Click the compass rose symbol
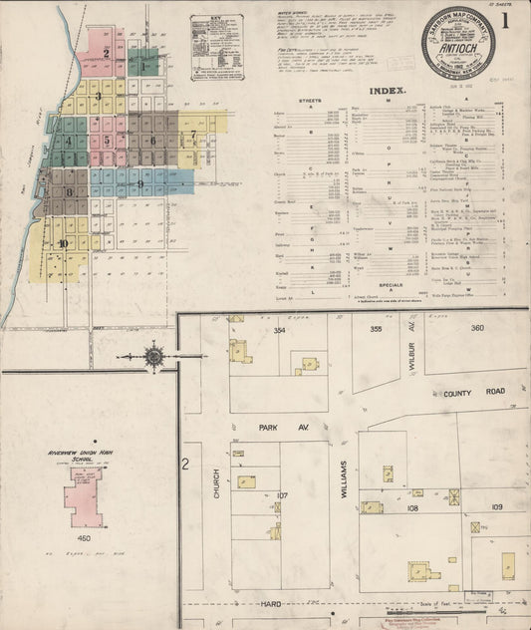(x=154, y=354)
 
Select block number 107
(x=282, y=494)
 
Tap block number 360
(x=476, y=328)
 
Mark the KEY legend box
(x=214, y=46)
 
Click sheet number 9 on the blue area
(x=141, y=184)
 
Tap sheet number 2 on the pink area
(x=106, y=52)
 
